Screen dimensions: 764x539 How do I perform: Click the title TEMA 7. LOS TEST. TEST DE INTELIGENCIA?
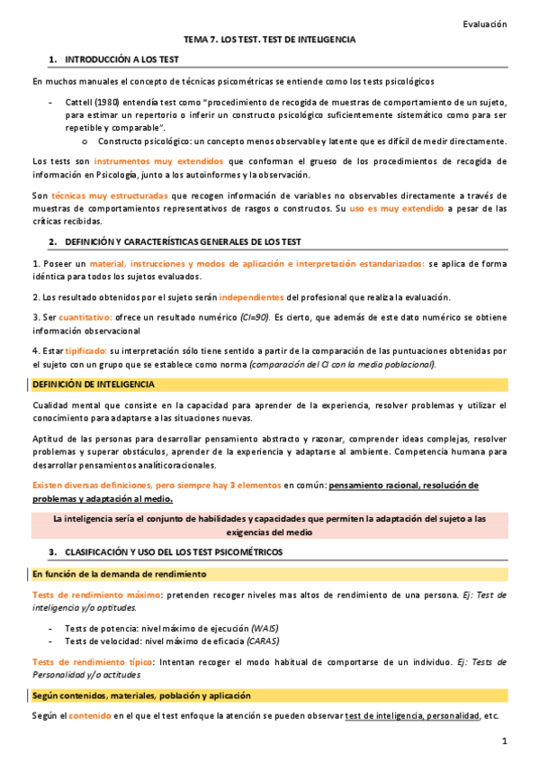pyautogui.click(x=269, y=41)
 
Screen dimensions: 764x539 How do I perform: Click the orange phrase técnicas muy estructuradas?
pyautogui.click(x=90, y=196)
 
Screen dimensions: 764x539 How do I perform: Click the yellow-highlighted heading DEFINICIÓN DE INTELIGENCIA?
pyautogui.click(x=93, y=385)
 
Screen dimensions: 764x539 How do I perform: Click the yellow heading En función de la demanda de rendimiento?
pyautogui.click(x=120, y=574)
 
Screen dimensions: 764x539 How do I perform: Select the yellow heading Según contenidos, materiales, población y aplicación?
pyautogui.click(x=141, y=696)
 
